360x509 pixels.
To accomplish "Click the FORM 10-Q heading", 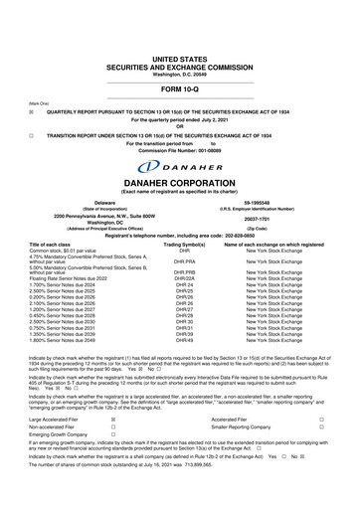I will tap(179, 61).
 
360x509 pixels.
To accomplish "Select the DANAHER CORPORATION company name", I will tap(179, 183).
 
